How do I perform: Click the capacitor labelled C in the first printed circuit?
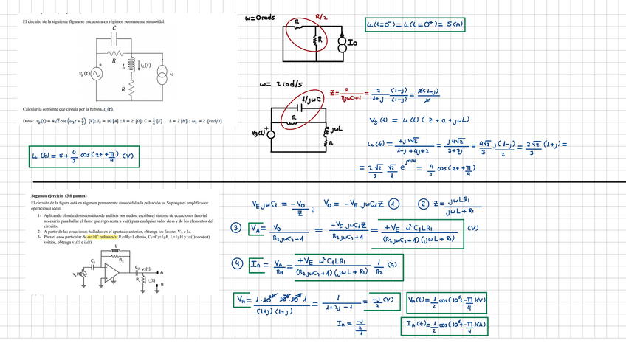114,38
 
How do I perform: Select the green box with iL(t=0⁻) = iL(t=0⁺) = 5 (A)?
415,25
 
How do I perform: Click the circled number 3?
235,228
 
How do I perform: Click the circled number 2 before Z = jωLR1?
424,204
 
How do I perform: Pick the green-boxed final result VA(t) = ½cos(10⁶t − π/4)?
447,301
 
